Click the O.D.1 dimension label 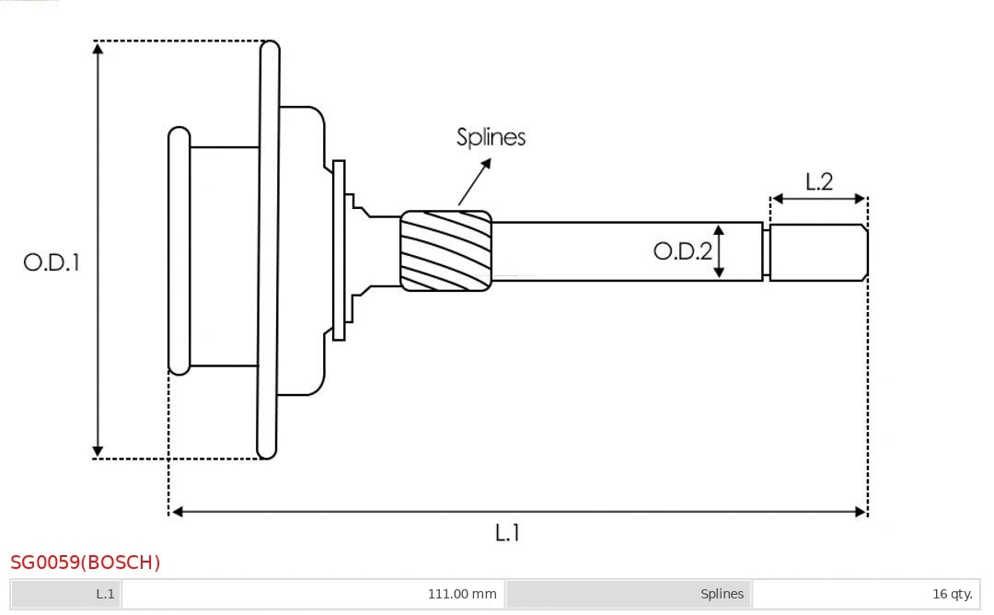tap(52, 262)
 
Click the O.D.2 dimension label tap(682, 250)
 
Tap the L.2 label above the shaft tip tap(818, 181)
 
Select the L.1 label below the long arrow tap(508, 532)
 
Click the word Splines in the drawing tap(491, 137)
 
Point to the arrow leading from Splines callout tap(474, 182)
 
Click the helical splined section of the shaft tap(445, 250)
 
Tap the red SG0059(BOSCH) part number tap(86, 562)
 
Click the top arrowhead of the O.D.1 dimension tap(98, 49)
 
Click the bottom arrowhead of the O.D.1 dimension tap(98, 451)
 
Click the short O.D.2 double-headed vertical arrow tap(720, 250)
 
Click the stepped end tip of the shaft tap(818, 252)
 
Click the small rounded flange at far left tap(179, 250)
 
